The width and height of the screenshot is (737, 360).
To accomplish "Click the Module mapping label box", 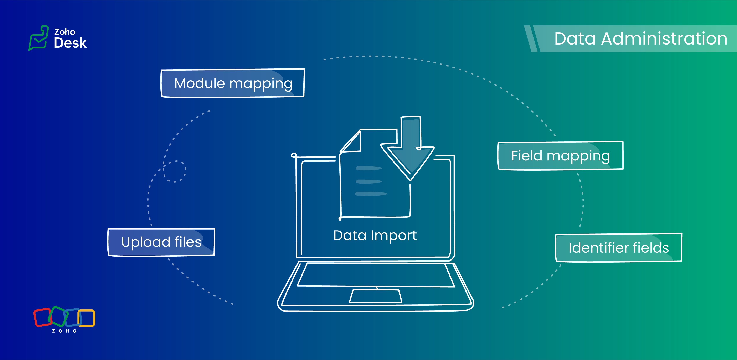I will [x=233, y=83].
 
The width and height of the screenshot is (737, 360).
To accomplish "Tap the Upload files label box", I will [x=161, y=242].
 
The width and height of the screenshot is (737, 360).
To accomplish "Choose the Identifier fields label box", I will [x=619, y=248].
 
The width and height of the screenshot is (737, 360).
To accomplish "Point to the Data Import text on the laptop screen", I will [x=375, y=236].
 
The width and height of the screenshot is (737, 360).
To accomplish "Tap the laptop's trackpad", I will [x=375, y=296].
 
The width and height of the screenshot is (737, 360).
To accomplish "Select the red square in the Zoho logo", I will [x=43, y=317].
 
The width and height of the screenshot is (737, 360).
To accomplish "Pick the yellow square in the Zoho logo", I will [x=86, y=318].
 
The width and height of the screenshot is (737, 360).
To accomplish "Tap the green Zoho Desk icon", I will [x=38, y=38].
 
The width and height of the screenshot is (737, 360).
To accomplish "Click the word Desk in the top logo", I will [x=70, y=43].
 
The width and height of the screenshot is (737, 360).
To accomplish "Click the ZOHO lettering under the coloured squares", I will [x=64, y=331].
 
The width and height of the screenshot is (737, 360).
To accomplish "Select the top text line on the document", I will [x=368, y=168].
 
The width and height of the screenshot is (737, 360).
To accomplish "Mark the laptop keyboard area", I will [x=376, y=275].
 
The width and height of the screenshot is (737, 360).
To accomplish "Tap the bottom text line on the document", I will [x=371, y=194].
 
